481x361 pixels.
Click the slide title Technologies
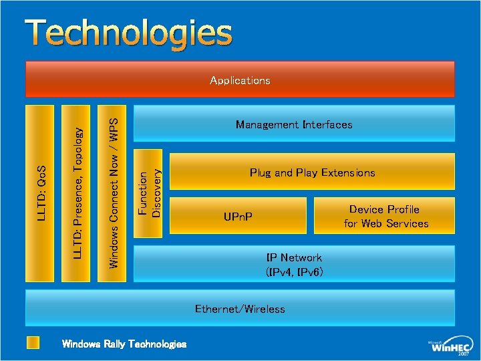point(130,33)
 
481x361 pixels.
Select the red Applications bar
point(240,80)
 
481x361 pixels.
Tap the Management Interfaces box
point(294,124)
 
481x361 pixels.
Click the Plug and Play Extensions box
point(312,172)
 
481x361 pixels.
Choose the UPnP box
point(238,217)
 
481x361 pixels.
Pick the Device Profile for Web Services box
point(385,216)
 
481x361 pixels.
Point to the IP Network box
point(294,265)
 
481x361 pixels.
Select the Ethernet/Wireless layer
point(240,308)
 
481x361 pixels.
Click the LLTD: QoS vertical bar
point(41,193)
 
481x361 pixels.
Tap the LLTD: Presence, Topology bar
point(77,193)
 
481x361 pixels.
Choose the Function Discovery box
point(148,193)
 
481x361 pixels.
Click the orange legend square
point(33,343)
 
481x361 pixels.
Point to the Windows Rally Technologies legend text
point(124,344)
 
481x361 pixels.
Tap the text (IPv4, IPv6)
point(294,272)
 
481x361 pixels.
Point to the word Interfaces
point(327,124)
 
